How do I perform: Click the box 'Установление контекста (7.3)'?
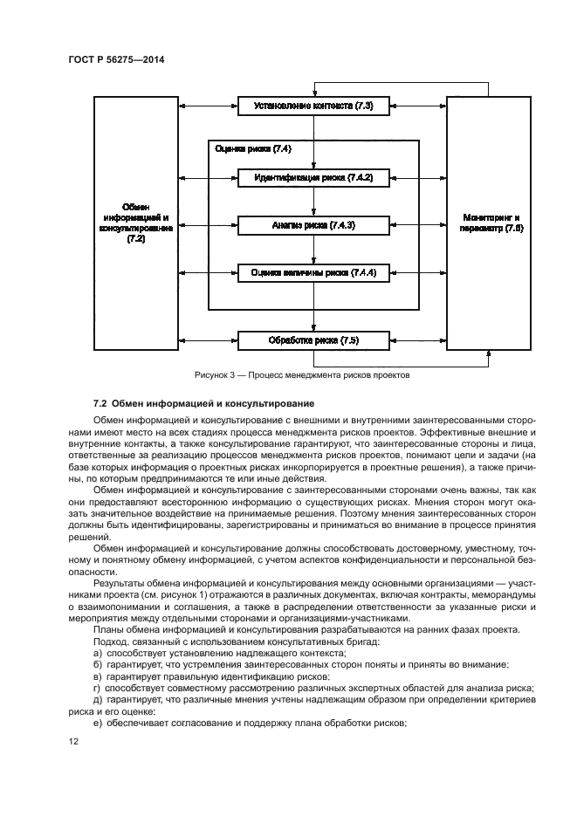tap(313, 106)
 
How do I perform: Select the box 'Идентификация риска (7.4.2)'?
tap(313, 177)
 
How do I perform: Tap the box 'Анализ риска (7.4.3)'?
tap(313, 225)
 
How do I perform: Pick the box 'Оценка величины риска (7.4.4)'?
tap(313, 272)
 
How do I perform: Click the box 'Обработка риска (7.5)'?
tap(313, 339)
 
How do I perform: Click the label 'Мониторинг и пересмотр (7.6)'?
tap(493, 222)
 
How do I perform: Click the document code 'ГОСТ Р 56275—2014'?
tap(116, 60)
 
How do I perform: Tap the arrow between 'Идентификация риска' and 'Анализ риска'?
tap(313, 201)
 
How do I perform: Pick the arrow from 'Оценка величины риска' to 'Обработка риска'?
tap(313, 306)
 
